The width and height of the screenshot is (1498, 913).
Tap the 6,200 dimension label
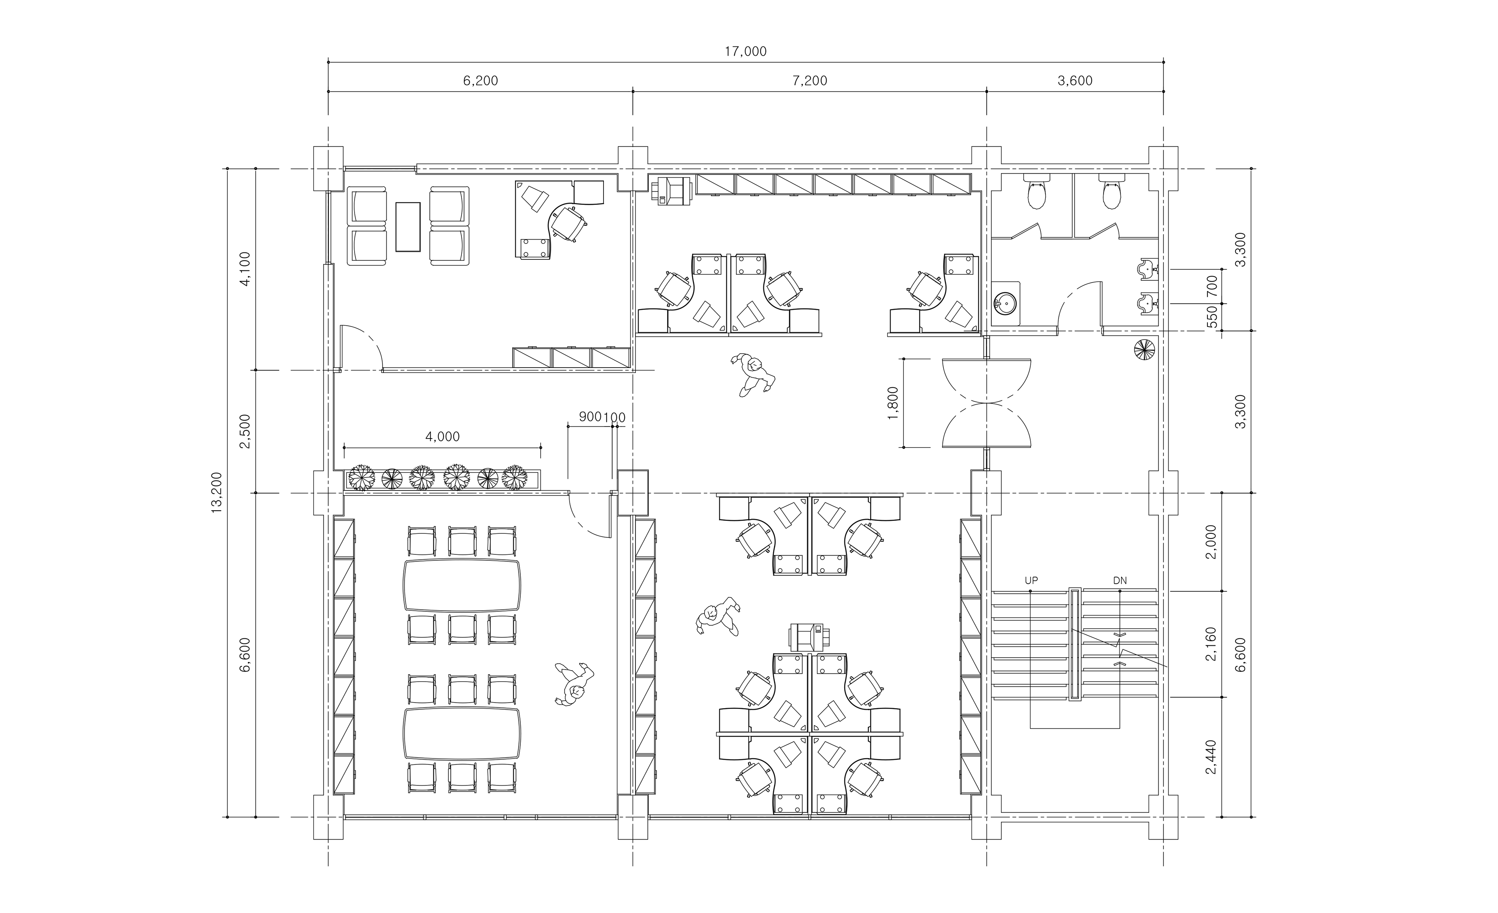(x=480, y=81)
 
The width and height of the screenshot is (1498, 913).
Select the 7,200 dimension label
(x=810, y=81)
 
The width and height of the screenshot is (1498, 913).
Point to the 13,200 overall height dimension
(x=217, y=492)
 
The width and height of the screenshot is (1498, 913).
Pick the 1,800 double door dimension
(x=893, y=402)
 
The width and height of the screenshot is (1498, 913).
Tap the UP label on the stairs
(x=1031, y=581)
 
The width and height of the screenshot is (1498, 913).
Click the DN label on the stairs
(x=1120, y=581)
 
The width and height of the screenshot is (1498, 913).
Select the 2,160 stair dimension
(x=1211, y=644)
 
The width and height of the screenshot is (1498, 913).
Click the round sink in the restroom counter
(x=1005, y=302)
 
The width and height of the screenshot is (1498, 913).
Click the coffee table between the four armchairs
(x=408, y=226)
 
